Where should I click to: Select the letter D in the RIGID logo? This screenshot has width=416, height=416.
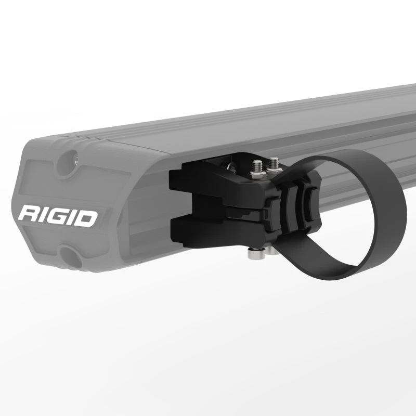[87, 217]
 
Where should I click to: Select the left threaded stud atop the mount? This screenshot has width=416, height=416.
[256, 167]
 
